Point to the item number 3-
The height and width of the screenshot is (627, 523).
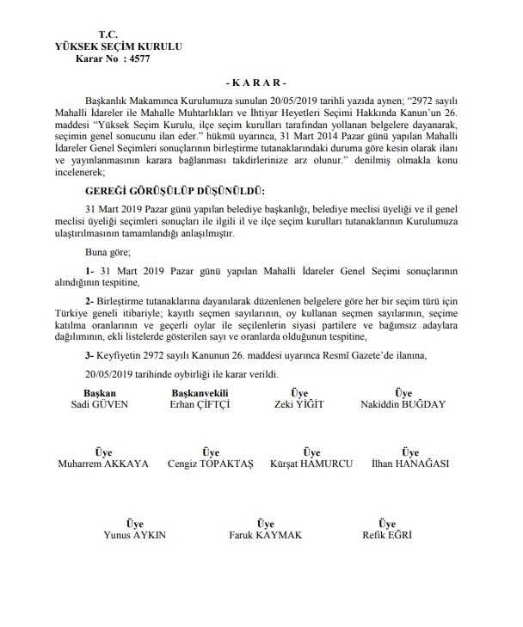point(90,353)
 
